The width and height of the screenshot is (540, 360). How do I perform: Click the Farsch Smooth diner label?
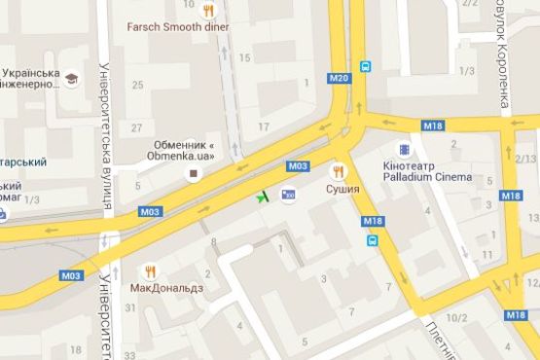click(x=178, y=26)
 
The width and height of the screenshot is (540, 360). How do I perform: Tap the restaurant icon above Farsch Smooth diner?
click(x=209, y=10)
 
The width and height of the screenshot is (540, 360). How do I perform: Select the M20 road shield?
click(x=339, y=78)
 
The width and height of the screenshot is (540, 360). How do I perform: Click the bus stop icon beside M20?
click(x=365, y=67)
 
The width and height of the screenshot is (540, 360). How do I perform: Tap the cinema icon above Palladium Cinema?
click(x=405, y=150)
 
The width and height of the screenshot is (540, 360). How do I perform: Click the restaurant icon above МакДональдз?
click(x=150, y=270)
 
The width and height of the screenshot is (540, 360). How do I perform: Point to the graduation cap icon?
click(x=72, y=77)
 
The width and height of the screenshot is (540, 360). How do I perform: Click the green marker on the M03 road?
click(x=262, y=198)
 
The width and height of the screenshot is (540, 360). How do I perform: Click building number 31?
click(x=129, y=308)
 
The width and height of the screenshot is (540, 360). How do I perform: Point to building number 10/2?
click(x=456, y=317)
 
